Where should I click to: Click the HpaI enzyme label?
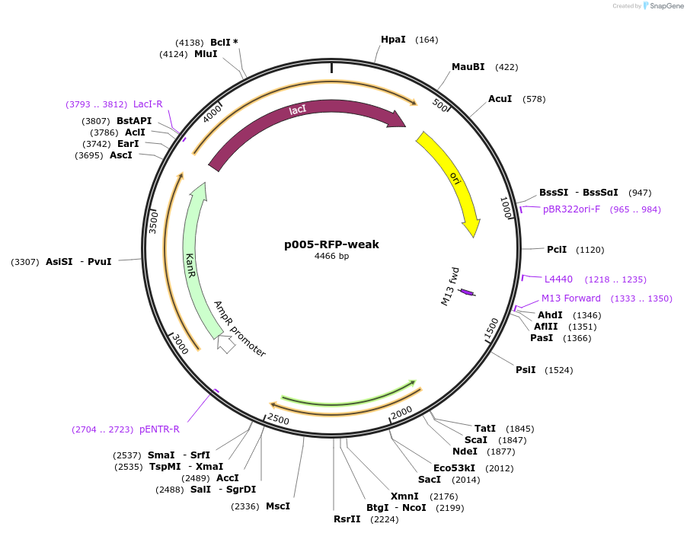coord(393,40)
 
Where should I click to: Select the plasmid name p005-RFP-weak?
coord(331,244)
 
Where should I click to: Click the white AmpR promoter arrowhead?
coord(225,344)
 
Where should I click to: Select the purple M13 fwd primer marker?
coord(466,292)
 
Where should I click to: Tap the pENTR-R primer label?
coord(159,429)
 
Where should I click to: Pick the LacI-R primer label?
coord(148,104)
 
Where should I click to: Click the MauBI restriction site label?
coord(468,67)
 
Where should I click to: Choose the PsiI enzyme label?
coord(526,370)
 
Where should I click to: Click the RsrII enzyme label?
coord(347,519)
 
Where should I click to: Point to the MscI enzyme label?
coord(278,506)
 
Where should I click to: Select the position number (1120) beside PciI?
coord(590,250)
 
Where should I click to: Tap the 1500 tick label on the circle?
coord(492,329)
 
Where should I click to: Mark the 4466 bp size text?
coord(331,257)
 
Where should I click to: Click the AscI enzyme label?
coord(121,155)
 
